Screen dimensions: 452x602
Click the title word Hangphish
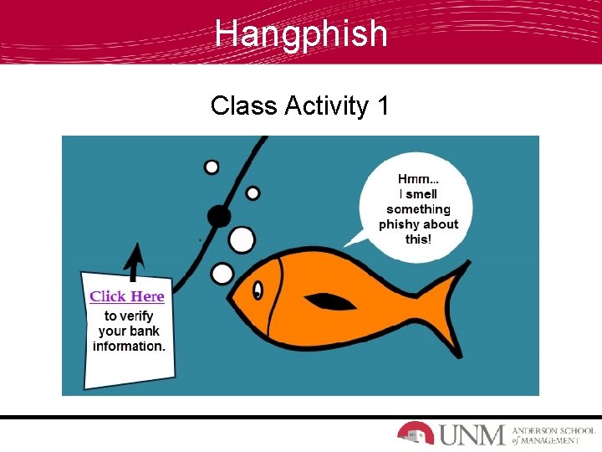click(301, 33)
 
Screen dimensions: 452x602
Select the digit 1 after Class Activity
click(383, 106)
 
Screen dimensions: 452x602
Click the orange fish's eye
click(258, 290)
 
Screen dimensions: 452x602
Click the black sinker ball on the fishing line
click(219, 216)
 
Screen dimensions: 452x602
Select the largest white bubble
click(242, 240)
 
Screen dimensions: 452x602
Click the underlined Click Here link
click(127, 296)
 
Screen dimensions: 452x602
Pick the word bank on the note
click(146, 331)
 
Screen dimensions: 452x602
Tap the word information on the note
click(129, 346)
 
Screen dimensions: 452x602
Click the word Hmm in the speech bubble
click(417, 179)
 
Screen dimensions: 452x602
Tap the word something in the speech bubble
click(418, 209)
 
